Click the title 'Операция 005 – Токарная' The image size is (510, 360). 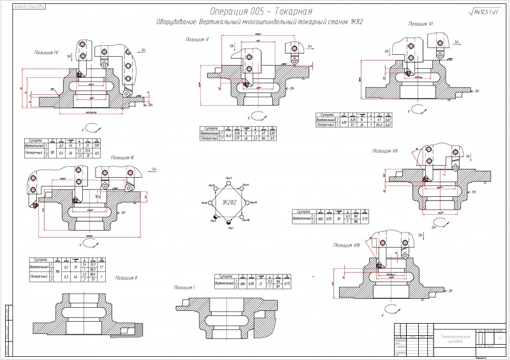pos(261,11)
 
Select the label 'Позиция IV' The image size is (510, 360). pos(47,52)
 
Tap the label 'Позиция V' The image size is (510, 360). pos(198,40)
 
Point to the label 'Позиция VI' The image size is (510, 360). pos(421,24)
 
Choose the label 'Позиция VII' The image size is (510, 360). pos(385,151)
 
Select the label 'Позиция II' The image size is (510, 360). pos(126,278)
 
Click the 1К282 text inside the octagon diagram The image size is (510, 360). pos(229,202)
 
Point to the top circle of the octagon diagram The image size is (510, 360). pos(229,180)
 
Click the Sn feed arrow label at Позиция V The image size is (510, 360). pos(309,47)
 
